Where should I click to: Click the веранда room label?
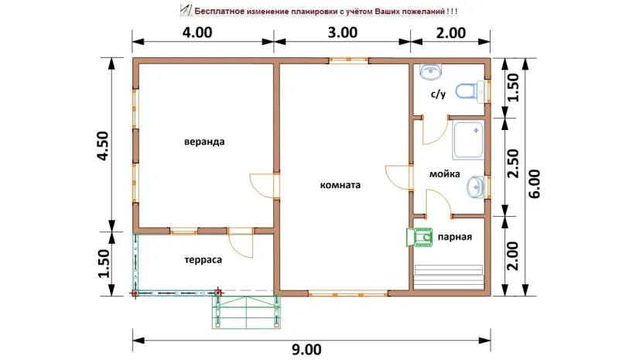click(x=204, y=142)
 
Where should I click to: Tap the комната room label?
click(x=340, y=185)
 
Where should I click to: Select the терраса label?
click(x=203, y=260)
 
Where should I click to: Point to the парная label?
click(x=455, y=237)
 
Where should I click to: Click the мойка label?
click(x=444, y=174)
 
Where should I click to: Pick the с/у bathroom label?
click(x=438, y=94)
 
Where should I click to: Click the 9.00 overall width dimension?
click(x=306, y=350)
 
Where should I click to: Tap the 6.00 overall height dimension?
click(x=534, y=184)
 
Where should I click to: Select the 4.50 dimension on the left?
click(x=103, y=146)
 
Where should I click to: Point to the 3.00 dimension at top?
click(x=343, y=33)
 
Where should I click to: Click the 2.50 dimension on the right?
click(x=513, y=163)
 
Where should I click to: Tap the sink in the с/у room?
click(x=430, y=71)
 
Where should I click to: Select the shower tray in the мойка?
click(x=468, y=140)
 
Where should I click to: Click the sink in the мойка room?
click(x=475, y=187)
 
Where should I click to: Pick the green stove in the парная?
click(x=419, y=237)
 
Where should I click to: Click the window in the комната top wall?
click(x=349, y=60)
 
